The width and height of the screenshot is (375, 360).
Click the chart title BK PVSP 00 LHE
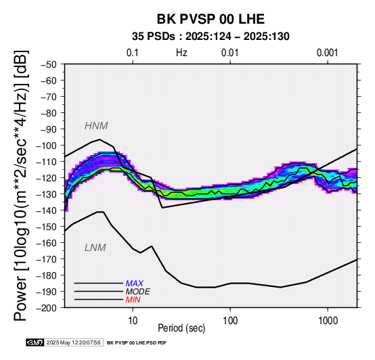pyautogui.click(x=211, y=19)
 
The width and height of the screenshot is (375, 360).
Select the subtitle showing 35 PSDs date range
pyautogui.click(x=211, y=37)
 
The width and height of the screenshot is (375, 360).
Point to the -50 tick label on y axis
pyautogui.click(x=48, y=64)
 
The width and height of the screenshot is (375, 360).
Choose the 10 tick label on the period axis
pyautogui.click(x=133, y=321)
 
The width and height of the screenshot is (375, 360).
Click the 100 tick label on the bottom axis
pyautogui.click(x=230, y=321)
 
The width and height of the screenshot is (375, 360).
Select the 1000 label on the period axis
pyautogui.click(x=328, y=321)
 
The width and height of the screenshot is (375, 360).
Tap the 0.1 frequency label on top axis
pyautogui.click(x=133, y=53)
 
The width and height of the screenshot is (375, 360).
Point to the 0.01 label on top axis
pyautogui.click(x=230, y=53)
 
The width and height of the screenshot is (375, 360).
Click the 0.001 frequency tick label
pyautogui.click(x=327, y=53)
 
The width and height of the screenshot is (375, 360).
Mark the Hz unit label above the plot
pyautogui.click(x=181, y=53)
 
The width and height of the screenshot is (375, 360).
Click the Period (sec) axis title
pyautogui.click(x=181, y=328)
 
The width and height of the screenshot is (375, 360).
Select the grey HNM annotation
pyautogui.click(x=96, y=126)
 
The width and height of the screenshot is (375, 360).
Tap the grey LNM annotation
pyautogui.click(x=95, y=248)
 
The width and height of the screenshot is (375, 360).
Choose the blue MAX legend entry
pyautogui.click(x=135, y=284)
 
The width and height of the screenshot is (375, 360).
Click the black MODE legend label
pyautogui.click(x=138, y=292)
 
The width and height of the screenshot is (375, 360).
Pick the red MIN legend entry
pyautogui.click(x=133, y=300)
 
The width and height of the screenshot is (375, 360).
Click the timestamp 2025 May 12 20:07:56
pyautogui.click(x=73, y=342)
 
